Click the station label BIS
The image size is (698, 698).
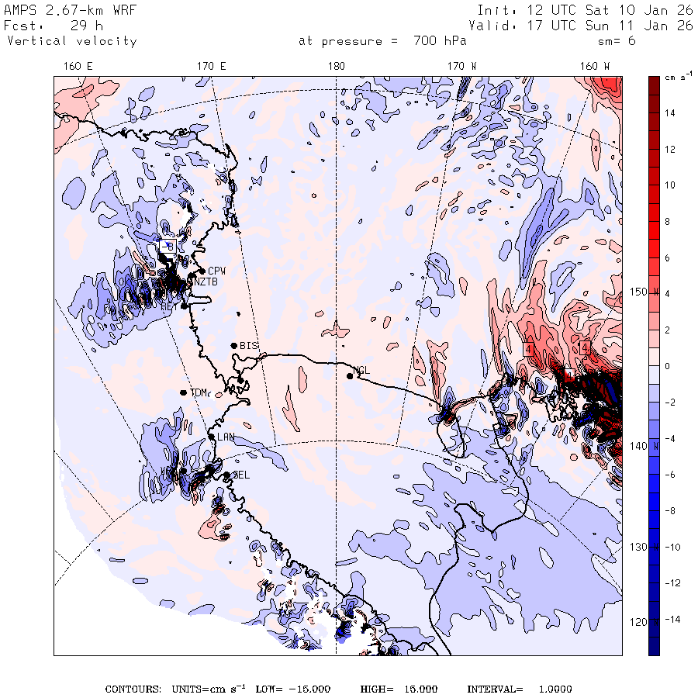click(x=249, y=345)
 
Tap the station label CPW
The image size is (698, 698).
click(x=216, y=271)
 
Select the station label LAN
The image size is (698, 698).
click(x=226, y=437)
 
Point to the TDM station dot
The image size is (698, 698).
click(x=183, y=392)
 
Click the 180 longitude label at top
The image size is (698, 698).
click(x=336, y=67)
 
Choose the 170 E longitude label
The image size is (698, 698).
click(x=211, y=67)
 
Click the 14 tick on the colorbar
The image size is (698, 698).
click(x=669, y=113)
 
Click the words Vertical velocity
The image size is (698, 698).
click(x=71, y=41)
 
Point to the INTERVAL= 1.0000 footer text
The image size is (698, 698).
click(x=519, y=689)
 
